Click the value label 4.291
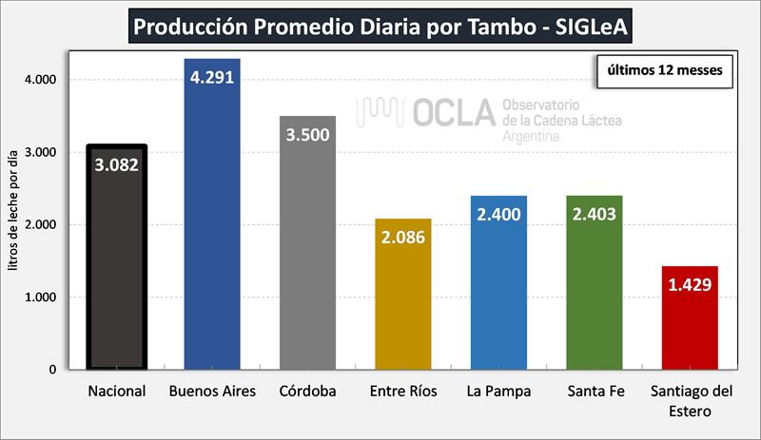(212, 75)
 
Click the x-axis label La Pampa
(498, 391)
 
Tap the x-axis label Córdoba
(307, 391)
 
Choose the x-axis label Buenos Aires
(211, 391)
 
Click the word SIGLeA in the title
(590, 26)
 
